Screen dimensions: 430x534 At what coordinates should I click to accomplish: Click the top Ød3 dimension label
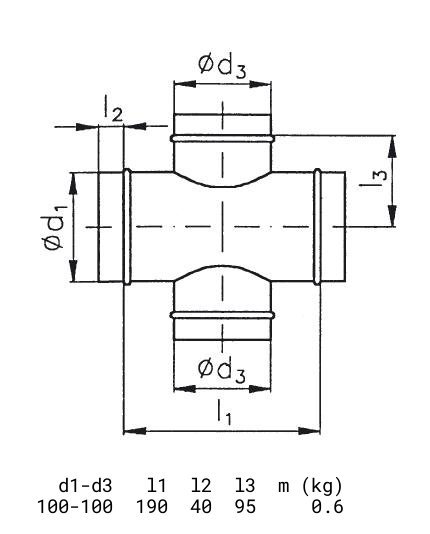click(222, 67)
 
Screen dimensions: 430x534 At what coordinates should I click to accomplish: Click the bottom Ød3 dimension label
click(222, 370)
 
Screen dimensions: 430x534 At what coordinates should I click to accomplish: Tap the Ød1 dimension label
click(54, 227)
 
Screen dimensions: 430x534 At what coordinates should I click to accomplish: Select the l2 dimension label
click(113, 108)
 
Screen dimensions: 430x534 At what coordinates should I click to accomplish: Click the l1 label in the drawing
click(224, 412)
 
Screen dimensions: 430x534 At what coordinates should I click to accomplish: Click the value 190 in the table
click(152, 506)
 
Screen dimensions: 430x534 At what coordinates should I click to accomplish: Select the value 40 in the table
click(201, 506)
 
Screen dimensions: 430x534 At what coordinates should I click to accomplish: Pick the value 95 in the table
click(245, 506)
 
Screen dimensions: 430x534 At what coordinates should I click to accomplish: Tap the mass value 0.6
click(327, 506)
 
